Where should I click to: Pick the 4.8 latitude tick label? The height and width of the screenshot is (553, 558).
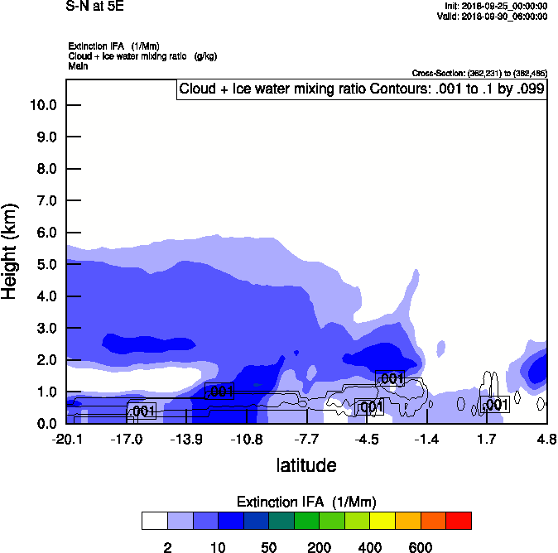(x=546, y=439)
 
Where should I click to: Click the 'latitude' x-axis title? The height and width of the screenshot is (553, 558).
(x=306, y=465)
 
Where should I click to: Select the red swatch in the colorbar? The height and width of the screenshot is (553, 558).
(x=459, y=521)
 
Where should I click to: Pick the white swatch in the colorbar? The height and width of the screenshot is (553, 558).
(x=155, y=521)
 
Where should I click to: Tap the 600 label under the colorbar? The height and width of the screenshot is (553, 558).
(x=421, y=547)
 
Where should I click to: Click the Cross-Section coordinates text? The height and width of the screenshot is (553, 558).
(x=479, y=73)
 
